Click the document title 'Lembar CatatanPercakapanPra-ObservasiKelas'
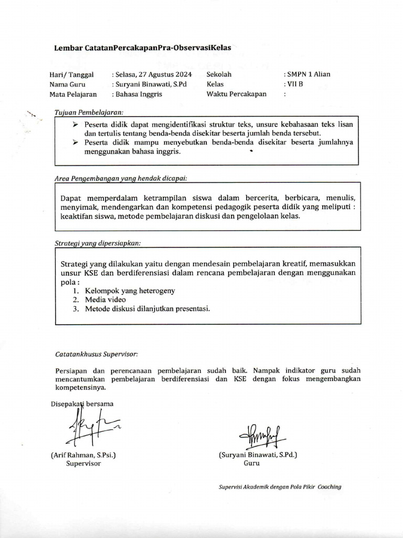tap(142, 47)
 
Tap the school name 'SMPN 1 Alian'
tap(308, 74)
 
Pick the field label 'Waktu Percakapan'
tap(236, 94)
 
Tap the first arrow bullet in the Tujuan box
tap(75, 125)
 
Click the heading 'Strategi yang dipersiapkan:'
tap(98, 243)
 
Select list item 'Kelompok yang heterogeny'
tap(130, 290)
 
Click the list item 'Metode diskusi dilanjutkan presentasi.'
tap(147, 309)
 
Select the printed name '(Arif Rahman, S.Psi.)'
tap(83, 455)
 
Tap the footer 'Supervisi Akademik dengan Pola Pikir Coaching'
tap(280, 487)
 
